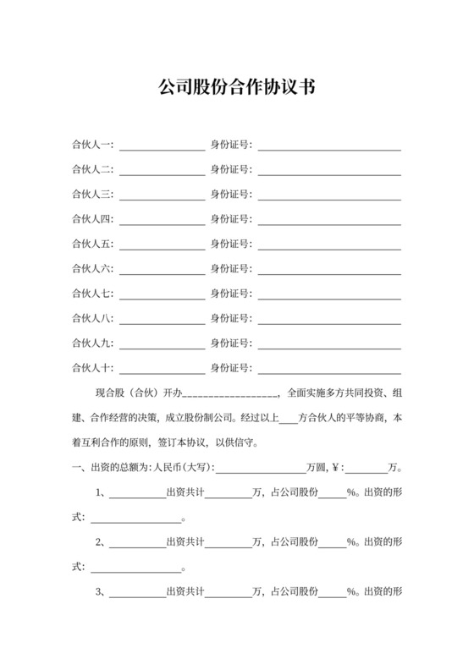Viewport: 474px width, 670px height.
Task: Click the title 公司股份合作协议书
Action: pos(237,86)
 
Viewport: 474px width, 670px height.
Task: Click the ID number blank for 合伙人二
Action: pos(330,170)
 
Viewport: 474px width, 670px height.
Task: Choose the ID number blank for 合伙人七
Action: pos(330,294)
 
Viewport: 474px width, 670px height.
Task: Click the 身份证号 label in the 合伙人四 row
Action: pos(230,220)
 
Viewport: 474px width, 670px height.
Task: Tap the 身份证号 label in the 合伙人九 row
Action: pos(230,343)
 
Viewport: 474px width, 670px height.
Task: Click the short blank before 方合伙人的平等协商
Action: pos(288,418)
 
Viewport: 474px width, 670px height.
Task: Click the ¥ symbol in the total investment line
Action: pos(336,467)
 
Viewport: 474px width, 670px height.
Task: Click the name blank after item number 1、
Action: pos(137,492)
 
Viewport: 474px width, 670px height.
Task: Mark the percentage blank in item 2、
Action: pos(332,542)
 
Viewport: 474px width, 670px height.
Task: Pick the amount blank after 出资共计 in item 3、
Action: pos(229,591)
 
